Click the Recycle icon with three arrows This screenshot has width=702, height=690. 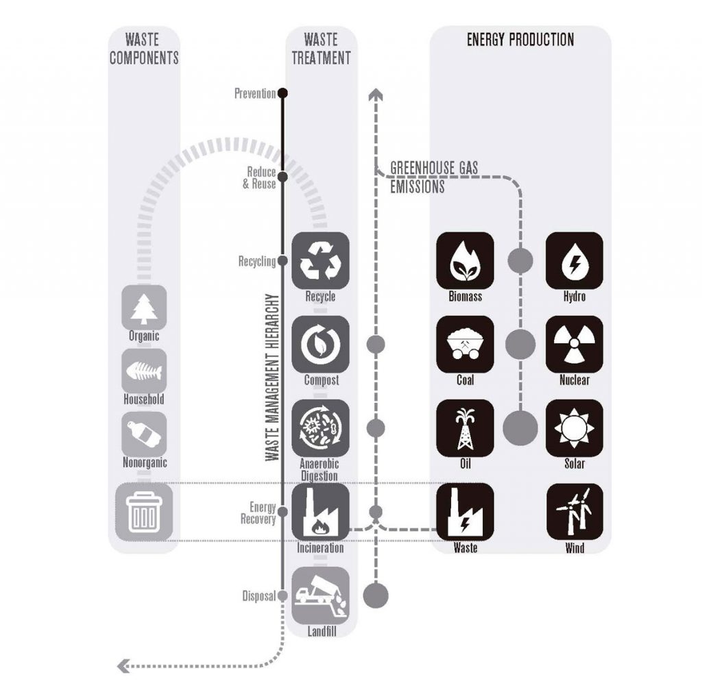tap(320, 260)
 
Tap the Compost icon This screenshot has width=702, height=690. tap(320, 345)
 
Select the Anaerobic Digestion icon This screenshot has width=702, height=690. tap(320, 428)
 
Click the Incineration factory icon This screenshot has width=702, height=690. tap(320, 512)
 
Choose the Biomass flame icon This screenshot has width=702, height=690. tap(465, 260)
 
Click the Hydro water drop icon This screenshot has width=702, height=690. tap(574, 260)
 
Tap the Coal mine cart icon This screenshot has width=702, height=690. tap(465, 344)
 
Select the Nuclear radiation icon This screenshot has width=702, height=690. tap(574, 344)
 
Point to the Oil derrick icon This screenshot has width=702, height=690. tap(465, 428)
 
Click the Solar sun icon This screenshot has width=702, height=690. tap(574, 428)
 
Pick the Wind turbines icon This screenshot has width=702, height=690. tap(574, 511)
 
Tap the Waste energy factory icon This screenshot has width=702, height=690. tap(465, 511)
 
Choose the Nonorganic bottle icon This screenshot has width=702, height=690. tap(144, 434)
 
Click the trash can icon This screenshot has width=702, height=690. tap(144, 511)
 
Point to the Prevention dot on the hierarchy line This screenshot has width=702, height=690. tap(282, 93)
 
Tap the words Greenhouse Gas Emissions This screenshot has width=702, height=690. tap(433, 177)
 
